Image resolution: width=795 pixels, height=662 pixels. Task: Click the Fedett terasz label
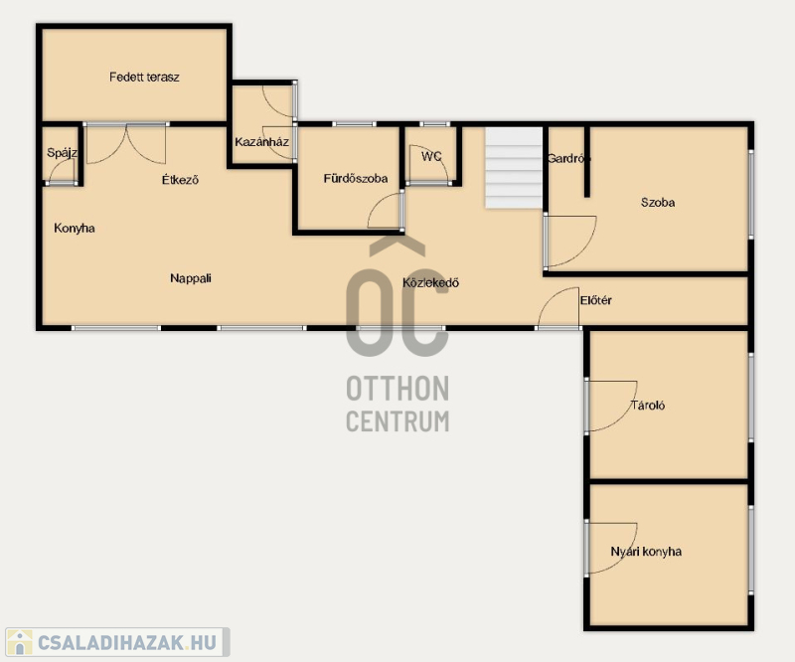pyautogui.click(x=144, y=78)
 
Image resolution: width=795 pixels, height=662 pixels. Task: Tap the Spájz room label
pyautogui.click(x=62, y=152)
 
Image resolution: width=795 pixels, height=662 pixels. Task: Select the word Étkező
pyautogui.click(x=180, y=180)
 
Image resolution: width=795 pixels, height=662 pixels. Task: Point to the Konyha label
pyautogui.click(x=74, y=229)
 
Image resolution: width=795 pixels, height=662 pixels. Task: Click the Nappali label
pyautogui.click(x=191, y=278)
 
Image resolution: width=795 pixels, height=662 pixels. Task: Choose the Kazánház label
pyautogui.click(x=261, y=142)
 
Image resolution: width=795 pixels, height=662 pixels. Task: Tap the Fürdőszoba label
pyautogui.click(x=356, y=179)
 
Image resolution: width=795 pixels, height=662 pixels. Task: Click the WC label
pyautogui.click(x=431, y=156)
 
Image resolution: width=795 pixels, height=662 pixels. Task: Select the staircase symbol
pyautogui.click(x=514, y=167)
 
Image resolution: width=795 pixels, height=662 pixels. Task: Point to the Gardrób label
pyautogui.click(x=568, y=158)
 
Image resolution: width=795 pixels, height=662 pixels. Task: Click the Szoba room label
pyautogui.click(x=658, y=203)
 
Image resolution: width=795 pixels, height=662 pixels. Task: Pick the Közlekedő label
pyautogui.click(x=430, y=282)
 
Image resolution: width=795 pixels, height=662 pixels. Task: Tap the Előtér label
pyautogui.click(x=595, y=300)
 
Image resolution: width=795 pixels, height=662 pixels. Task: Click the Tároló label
pyautogui.click(x=648, y=405)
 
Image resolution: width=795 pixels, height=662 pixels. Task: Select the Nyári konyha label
pyautogui.click(x=646, y=552)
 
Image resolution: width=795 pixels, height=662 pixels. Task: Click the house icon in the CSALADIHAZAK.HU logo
pyautogui.click(x=19, y=642)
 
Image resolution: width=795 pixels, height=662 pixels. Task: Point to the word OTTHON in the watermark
pyautogui.click(x=397, y=389)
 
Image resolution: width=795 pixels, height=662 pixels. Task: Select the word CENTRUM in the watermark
pyautogui.click(x=397, y=421)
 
